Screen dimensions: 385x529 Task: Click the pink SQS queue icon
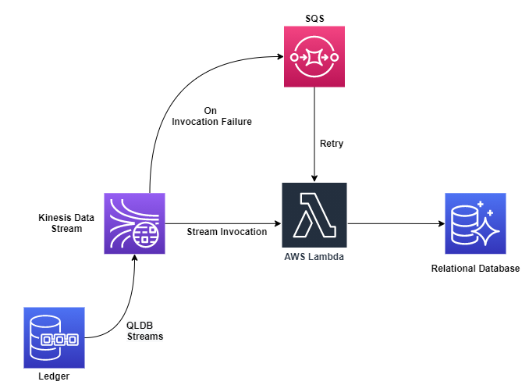[314, 56]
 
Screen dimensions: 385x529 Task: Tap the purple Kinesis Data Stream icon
[135, 224]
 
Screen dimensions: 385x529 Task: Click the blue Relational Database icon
[475, 223]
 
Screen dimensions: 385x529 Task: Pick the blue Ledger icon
[53, 338]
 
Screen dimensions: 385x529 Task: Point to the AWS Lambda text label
[314, 257]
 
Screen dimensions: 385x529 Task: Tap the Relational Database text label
[475, 269]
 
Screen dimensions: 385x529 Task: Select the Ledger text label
[53, 377]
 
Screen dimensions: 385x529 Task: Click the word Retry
[332, 144]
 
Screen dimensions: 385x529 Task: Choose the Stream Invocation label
[226, 232]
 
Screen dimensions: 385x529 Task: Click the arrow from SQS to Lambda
[314, 133]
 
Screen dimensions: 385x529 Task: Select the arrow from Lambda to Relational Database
[394, 224]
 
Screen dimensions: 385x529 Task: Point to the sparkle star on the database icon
[482, 230]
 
